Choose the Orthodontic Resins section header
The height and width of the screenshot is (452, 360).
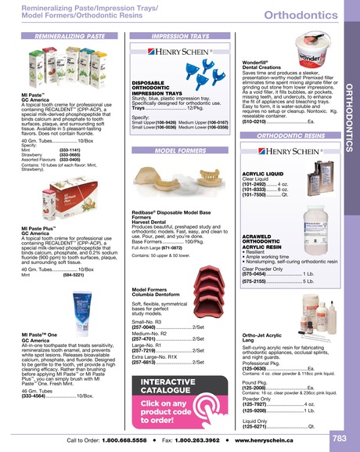(290, 136)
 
